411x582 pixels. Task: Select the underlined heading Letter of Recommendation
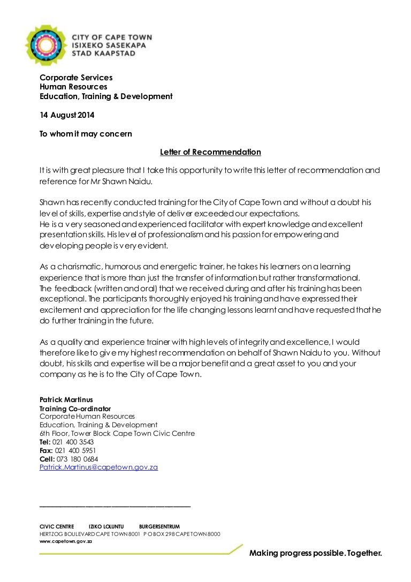(210, 152)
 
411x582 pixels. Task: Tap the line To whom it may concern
(86, 133)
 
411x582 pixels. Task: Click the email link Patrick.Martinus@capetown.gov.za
(99, 467)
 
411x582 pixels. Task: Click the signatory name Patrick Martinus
(65, 400)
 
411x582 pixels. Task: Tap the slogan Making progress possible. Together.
(316, 553)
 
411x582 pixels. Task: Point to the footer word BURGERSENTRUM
(159, 526)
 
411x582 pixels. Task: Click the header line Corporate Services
(76, 78)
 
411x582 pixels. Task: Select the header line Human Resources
(73, 87)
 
